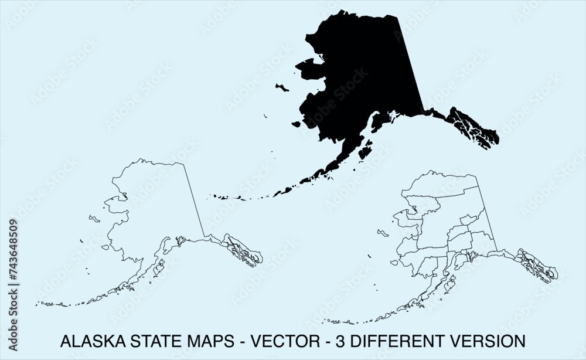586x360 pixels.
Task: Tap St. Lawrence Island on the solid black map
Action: [x=282, y=88]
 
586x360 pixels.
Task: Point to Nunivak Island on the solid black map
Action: [x=296, y=124]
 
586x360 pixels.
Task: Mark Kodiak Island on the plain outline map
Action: [x=158, y=269]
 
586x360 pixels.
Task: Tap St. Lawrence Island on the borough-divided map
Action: [x=383, y=234]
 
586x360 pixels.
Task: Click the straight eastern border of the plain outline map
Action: [x=195, y=199]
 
